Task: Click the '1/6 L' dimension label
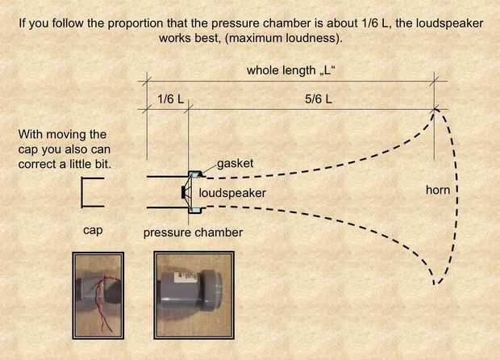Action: (x=171, y=99)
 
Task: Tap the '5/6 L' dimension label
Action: (x=319, y=99)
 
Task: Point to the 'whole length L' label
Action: (x=290, y=70)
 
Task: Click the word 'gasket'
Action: (x=235, y=163)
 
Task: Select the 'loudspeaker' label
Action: (x=232, y=193)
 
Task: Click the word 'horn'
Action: (x=438, y=190)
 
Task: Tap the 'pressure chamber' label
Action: (x=193, y=232)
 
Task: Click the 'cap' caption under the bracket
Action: (x=93, y=230)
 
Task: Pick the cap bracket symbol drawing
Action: (x=82, y=192)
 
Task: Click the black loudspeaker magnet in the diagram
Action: (x=183, y=192)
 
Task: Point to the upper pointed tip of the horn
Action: (x=435, y=110)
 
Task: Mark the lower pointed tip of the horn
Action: (x=435, y=283)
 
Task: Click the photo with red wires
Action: (x=98, y=295)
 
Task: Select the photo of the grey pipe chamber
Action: (x=194, y=295)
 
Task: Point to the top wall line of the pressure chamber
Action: (x=168, y=176)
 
